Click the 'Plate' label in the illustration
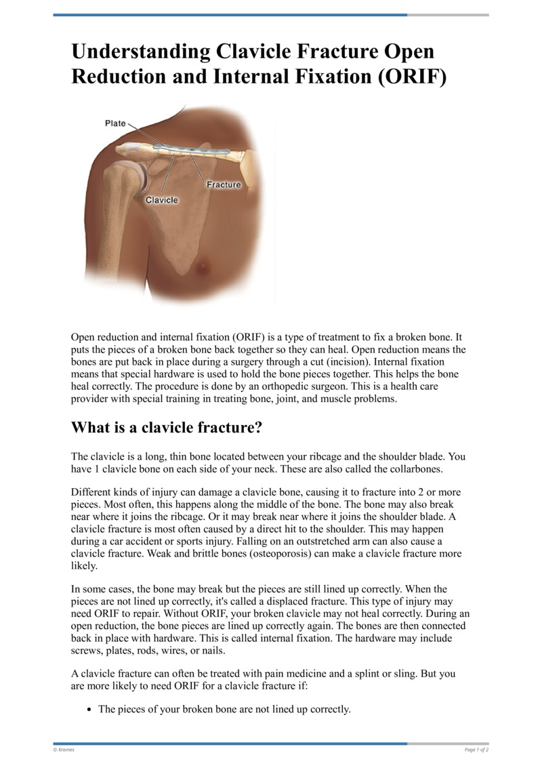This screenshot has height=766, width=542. tap(115, 123)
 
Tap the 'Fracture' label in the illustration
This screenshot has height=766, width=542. tap(223, 184)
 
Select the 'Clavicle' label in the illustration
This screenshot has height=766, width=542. tap(162, 200)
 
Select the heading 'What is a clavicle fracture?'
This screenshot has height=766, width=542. tap(166, 428)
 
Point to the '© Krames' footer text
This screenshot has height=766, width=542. tap(64, 750)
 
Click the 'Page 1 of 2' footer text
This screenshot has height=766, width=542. tap(476, 750)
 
